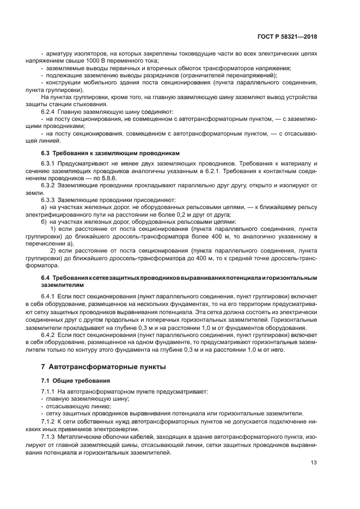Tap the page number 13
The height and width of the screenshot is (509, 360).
point(314,463)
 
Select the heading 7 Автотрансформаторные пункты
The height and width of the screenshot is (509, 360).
point(103,367)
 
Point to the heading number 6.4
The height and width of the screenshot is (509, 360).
point(46,278)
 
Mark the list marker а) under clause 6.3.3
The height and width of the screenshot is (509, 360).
point(44,207)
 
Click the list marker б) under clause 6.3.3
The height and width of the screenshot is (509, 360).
point(44,222)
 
